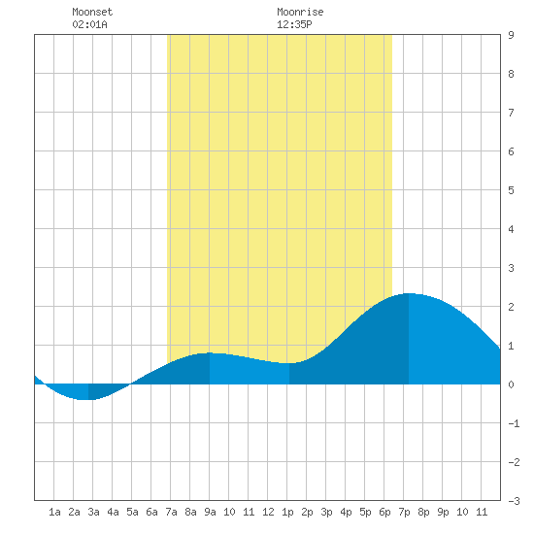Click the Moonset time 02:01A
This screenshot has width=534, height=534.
[x=89, y=24]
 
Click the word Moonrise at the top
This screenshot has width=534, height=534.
[x=300, y=12]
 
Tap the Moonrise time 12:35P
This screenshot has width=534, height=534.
[x=294, y=24]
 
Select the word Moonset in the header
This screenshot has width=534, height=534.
[x=92, y=12]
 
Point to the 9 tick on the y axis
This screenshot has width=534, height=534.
[x=511, y=35]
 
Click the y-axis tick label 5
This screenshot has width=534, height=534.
[x=511, y=190]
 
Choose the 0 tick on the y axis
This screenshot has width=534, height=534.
[x=511, y=384]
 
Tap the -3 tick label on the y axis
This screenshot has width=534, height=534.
[x=514, y=501]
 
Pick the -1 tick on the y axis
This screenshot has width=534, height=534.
[x=514, y=423]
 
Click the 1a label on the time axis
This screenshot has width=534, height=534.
[x=54, y=512]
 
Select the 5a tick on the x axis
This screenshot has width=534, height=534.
[x=132, y=512]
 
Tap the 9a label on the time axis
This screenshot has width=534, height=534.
[x=210, y=512]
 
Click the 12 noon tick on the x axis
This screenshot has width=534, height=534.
[x=268, y=512]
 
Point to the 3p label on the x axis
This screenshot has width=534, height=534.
[x=326, y=512]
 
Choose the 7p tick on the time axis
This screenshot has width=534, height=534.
[x=404, y=512]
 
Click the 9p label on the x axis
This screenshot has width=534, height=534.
[x=443, y=512]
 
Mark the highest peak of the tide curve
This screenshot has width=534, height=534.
[x=409, y=293]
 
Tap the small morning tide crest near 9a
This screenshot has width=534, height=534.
[x=210, y=352]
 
